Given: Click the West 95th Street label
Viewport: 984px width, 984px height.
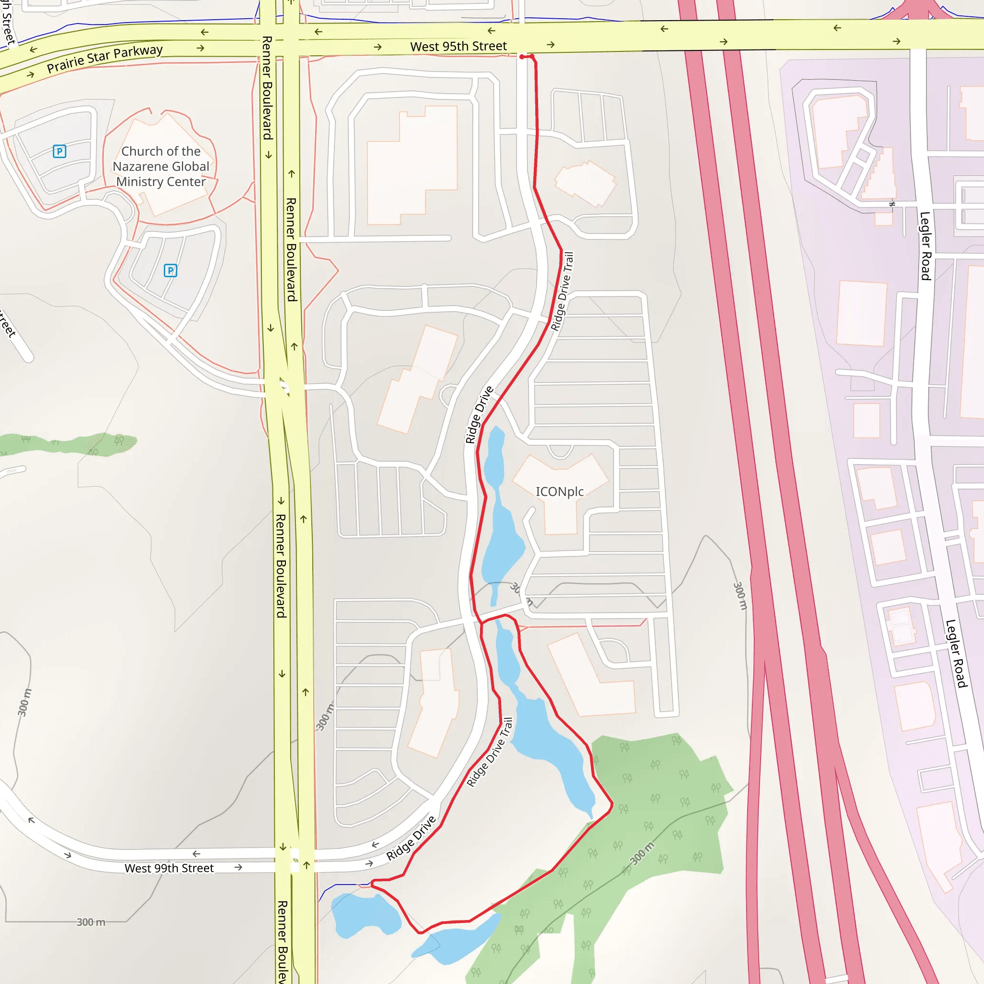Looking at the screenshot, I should (x=458, y=46).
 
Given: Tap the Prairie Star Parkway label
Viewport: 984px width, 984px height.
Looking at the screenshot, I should (x=104, y=59).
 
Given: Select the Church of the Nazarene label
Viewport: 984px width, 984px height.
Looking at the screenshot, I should (x=161, y=166).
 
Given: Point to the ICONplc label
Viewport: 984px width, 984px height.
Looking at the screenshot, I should (x=559, y=492).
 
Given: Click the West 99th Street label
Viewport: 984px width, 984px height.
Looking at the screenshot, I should (x=169, y=868).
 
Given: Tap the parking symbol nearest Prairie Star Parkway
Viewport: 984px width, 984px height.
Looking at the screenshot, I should (x=60, y=151).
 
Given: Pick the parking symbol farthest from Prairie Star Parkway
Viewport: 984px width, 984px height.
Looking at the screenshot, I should (x=170, y=271).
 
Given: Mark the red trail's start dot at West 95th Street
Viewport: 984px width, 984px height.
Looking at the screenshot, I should (x=522, y=57).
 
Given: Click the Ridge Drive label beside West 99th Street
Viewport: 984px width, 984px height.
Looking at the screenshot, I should (x=411, y=838).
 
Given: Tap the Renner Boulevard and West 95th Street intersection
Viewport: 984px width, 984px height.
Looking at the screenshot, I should (x=279, y=38).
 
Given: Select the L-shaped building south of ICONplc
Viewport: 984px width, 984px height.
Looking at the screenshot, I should (x=591, y=677).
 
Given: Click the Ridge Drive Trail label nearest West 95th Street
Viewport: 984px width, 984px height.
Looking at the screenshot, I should (x=562, y=291).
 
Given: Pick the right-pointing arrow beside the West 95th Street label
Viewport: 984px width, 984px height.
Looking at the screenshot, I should (x=551, y=45).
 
